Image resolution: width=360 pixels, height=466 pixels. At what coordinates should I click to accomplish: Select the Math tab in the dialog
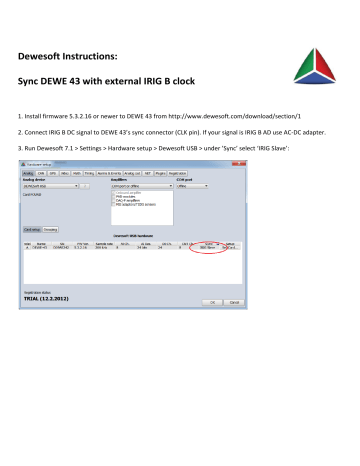77,171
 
